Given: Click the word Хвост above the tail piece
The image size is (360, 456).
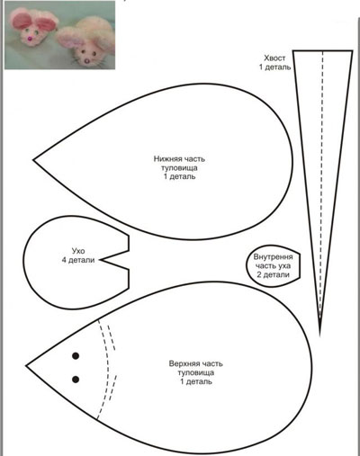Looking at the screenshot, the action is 274,58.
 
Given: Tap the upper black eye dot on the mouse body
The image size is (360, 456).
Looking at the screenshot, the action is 76,356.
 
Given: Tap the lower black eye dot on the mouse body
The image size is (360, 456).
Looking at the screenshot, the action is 76,380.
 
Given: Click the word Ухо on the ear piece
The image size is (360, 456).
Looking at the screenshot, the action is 78,251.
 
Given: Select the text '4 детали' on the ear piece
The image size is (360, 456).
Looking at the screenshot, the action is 78,260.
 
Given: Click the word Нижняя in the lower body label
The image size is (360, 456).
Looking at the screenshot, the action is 166,158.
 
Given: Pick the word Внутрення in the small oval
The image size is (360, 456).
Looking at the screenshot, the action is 274,257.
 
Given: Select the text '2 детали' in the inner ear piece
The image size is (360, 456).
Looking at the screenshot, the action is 274,274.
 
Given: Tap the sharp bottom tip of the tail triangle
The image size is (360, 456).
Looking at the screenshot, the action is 319,335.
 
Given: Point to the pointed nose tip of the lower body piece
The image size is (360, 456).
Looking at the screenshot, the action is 34,160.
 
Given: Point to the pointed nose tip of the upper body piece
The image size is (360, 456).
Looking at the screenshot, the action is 26,365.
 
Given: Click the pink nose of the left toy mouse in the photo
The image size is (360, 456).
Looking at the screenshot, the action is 30,38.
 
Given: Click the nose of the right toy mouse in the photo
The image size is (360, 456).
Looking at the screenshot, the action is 87,61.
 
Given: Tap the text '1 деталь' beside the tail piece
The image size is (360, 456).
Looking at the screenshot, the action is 275,67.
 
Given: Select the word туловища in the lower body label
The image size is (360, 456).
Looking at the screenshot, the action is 179,167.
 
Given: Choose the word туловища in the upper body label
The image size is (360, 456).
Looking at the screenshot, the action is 196,372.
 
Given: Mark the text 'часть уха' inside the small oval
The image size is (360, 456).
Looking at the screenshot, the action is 273,266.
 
